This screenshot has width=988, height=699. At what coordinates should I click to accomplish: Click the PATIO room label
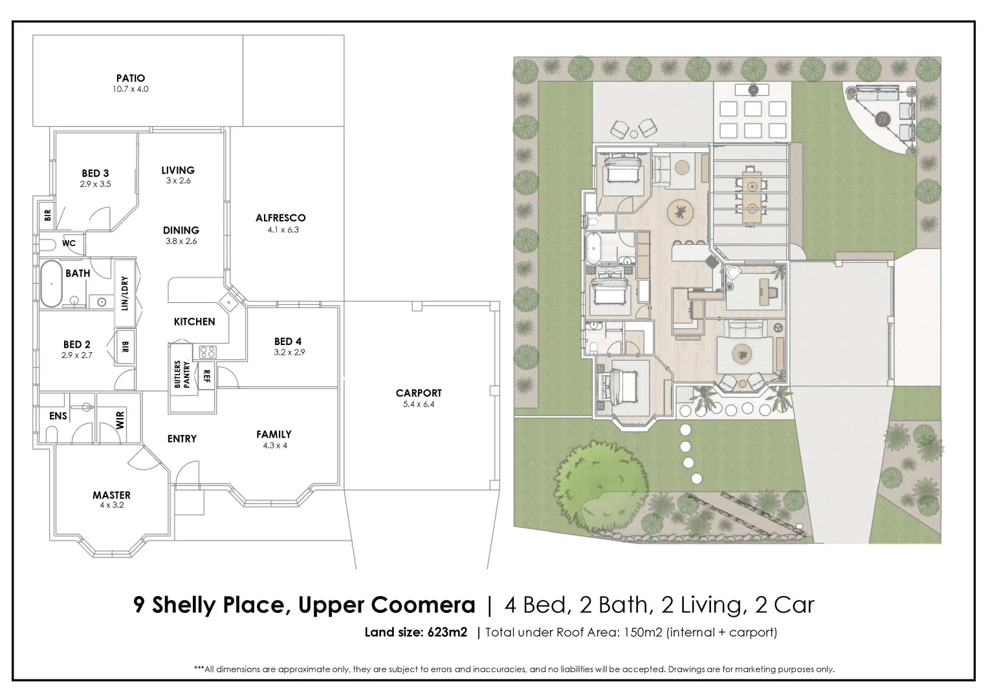[130, 78]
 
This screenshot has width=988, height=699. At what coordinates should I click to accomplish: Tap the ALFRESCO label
[280, 218]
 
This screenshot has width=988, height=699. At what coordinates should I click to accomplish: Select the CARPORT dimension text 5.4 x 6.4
[419, 405]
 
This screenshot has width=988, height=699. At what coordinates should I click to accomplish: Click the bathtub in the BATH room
[51, 283]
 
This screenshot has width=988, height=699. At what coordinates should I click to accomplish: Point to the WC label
[69, 243]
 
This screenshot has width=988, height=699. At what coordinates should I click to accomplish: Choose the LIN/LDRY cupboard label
[125, 293]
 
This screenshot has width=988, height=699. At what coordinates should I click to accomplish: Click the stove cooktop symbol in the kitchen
[208, 352]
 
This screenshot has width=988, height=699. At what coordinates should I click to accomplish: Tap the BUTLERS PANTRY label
[181, 375]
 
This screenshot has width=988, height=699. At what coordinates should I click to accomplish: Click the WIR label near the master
[120, 421]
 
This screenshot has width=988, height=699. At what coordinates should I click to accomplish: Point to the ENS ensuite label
[58, 416]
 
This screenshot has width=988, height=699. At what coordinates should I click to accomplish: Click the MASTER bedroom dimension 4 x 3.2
[111, 505]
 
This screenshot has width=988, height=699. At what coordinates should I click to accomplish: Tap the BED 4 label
[288, 342]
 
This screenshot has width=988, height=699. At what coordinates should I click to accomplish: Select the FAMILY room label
[274, 434]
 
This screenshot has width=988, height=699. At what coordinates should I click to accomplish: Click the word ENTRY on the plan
[182, 439]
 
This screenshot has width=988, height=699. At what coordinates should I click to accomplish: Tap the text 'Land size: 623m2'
[415, 632]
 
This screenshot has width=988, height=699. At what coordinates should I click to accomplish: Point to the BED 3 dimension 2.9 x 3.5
[96, 184]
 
